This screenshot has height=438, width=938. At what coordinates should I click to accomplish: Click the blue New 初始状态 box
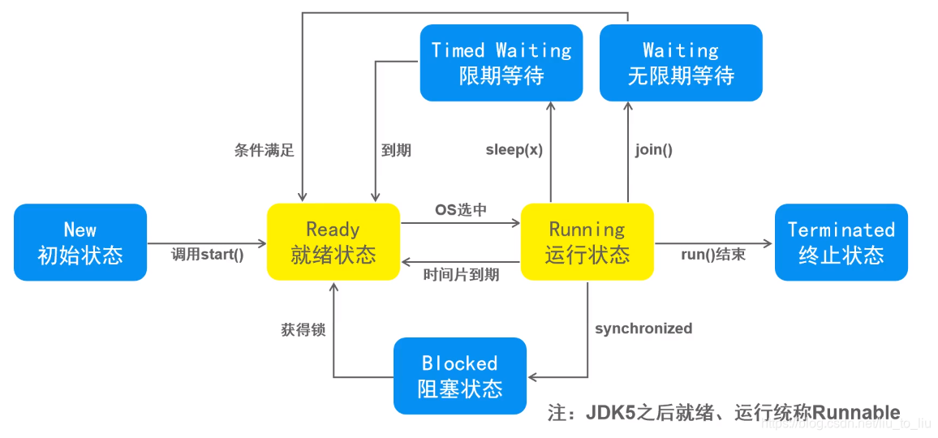point(80,242)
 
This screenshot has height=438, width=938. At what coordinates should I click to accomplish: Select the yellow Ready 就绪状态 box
point(333,242)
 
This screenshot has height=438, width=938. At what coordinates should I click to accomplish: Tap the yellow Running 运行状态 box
point(587,242)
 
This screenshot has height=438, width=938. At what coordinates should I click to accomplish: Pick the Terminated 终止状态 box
point(841,242)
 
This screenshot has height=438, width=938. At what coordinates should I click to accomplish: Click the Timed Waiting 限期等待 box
point(501,62)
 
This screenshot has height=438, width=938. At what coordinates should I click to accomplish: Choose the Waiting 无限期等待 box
point(681,62)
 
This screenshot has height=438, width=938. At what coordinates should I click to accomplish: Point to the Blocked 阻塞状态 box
point(460,375)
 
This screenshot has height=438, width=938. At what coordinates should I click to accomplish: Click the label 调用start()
point(208,255)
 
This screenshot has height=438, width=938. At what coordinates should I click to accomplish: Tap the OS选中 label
point(461,210)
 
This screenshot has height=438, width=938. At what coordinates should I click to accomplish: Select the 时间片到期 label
point(461,275)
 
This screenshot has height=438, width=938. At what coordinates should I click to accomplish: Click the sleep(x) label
point(514,150)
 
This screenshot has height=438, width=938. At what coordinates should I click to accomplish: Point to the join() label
point(654,150)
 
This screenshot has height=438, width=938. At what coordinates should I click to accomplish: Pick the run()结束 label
point(713,255)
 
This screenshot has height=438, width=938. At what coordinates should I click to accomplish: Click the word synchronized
point(643,328)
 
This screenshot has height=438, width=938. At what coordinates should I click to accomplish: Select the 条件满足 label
point(265,151)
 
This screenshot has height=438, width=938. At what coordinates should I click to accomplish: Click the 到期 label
point(396,151)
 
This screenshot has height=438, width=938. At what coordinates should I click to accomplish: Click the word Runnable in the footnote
point(856,412)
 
